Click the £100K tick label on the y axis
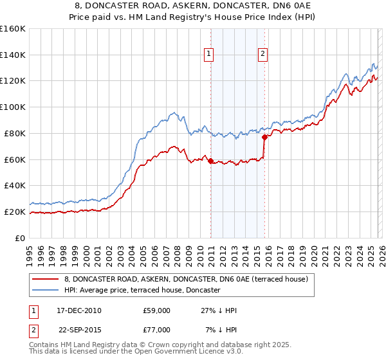click(13, 107)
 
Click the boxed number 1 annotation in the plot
click(210, 55)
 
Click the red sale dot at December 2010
click(210, 160)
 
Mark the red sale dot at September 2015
click(264, 136)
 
